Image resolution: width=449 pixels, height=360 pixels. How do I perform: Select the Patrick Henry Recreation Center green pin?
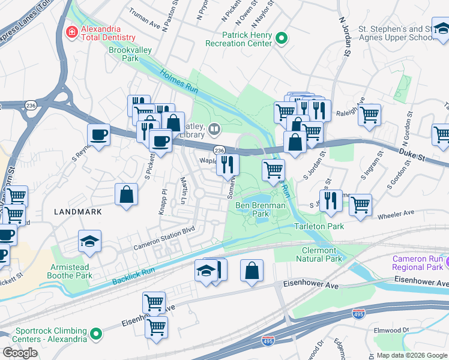click(x=282, y=39)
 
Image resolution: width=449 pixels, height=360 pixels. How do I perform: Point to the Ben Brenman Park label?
click(x=260, y=209)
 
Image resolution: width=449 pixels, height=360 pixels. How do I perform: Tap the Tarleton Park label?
click(x=319, y=226)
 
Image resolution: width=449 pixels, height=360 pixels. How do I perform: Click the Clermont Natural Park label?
click(x=319, y=254)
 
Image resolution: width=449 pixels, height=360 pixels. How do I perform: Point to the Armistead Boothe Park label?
click(x=71, y=271)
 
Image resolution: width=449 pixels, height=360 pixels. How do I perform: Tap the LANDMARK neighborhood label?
click(x=77, y=212)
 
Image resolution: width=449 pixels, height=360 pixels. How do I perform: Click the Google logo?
click(x=20, y=352)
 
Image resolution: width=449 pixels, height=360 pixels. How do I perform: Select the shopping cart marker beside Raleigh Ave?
click(x=369, y=115)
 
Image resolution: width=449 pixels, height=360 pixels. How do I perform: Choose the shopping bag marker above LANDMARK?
click(x=127, y=196)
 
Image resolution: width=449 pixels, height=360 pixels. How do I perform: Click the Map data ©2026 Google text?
click(x=411, y=355)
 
